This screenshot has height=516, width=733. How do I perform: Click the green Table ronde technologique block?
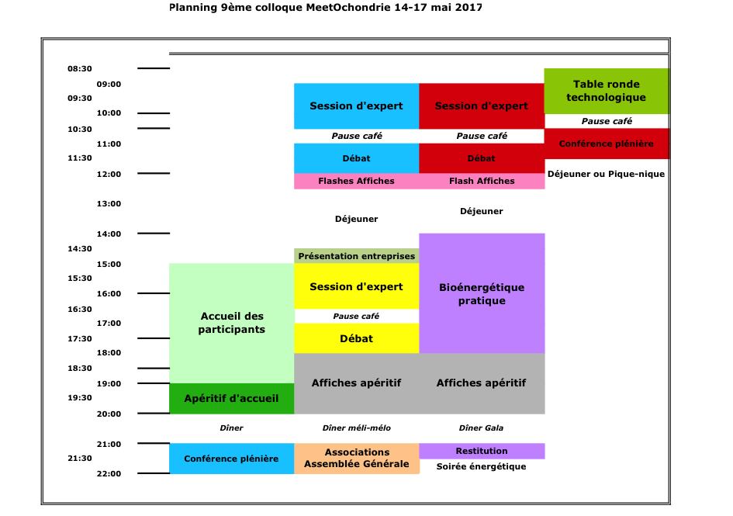pyautogui.click(x=607, y=91)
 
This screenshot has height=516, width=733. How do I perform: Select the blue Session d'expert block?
pyautogui.click(x=356, y=106)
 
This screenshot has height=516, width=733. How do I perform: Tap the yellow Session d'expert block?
pyautogui.click(x=356, y=286)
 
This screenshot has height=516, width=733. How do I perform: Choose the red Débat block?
pyautogui.click(x=482, y=158)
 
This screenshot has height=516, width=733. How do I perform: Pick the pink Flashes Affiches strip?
pyautogui.click(x=356, y=181)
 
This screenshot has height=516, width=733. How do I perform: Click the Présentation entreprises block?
pyautogui.click(x=356, y=256)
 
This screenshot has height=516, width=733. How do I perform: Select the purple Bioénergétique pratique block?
pyautogui.click(x=482, y=293)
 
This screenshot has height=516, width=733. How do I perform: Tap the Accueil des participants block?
pyautogui.click(x=231, y=324)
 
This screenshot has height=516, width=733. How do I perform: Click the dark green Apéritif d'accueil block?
pyautogui.click(x=231, y=399)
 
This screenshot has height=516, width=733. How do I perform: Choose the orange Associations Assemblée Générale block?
pyautogui.click(x=356, y=459)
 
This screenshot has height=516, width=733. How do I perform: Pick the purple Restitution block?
pyautogui.click(x=482, y=451)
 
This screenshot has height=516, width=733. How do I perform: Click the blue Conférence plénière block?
pyautogui.click(x=231, y=459)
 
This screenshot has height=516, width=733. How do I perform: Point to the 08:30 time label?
pyautogui.click(x=79, y=69)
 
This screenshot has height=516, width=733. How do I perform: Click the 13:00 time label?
pyautogui.click(x=109, y=203)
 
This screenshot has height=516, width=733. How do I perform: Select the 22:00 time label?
pyautogui.click(x=109, y=473)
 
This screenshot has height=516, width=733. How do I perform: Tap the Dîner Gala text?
pyautogui.click(x=481, y=428)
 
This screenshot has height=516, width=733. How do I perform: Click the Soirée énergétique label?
pyautogui.click(x=481, y=466)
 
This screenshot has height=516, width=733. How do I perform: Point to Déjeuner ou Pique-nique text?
pyautogui.click(x=606, y=174)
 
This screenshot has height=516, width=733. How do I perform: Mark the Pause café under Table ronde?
pyautogui.click(x=607, y=121)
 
